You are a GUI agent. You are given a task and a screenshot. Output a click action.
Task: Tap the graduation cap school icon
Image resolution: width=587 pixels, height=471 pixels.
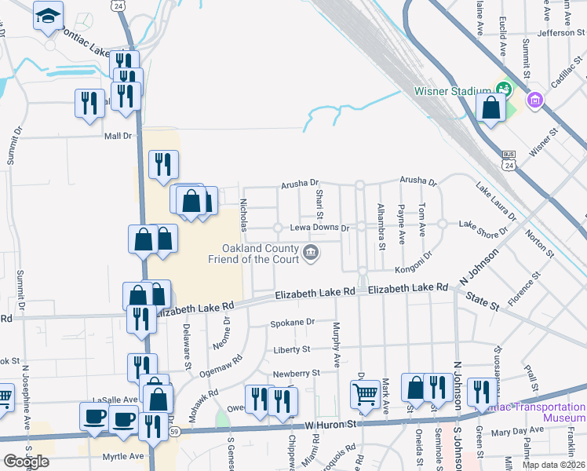coord(49,16)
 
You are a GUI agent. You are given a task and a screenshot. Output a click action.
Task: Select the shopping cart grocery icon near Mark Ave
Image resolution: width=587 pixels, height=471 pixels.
coord(365,395)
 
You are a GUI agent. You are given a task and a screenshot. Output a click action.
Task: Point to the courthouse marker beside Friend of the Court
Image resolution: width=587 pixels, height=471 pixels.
coord(312,252)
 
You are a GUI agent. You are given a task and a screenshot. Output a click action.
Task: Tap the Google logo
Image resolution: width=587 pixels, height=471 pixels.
coord(26,462)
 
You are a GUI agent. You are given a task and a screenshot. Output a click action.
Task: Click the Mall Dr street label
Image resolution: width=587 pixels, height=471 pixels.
coord(118,135)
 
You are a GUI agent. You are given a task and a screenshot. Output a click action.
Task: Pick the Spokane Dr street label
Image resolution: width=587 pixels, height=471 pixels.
coord(292,322)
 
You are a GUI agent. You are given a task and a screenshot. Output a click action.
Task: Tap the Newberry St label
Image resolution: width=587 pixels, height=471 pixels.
coord(296,374)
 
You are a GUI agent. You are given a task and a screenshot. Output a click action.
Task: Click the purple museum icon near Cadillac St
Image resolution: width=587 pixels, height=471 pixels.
coord(536,100)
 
